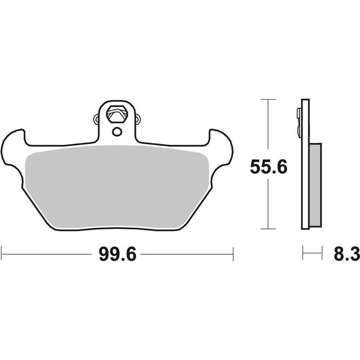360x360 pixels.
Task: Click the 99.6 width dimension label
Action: coord(118,254)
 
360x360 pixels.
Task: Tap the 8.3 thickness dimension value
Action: coord(347,254)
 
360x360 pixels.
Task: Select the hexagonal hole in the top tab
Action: coord(117,114)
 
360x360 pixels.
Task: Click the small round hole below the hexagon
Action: coord(117,132)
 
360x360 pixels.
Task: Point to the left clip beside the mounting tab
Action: coord(96,119)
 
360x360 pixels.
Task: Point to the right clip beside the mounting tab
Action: coord(138,119)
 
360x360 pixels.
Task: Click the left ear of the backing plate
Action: coord(13,147)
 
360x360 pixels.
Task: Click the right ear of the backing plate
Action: coord(221,147)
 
